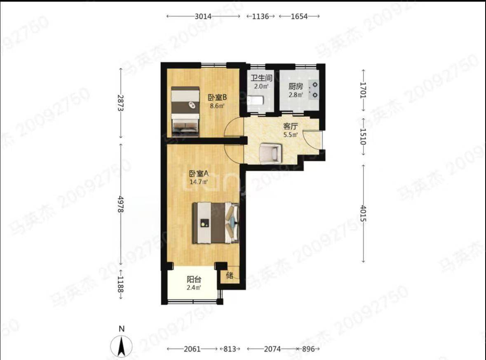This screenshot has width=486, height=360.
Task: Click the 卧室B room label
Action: [x=217, y=97]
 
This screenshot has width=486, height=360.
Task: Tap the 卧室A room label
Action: [x=199, y=174]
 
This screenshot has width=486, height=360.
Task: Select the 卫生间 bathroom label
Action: [x=262, y=78]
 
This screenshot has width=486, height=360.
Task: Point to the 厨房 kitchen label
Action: [x=296, y=87]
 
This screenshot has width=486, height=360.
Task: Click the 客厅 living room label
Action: [x=291, y=126]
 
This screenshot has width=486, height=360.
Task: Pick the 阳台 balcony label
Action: [x=194, y=279]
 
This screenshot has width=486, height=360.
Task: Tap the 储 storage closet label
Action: [x=230, y=275]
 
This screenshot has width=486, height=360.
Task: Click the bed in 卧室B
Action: [x=185, y=111]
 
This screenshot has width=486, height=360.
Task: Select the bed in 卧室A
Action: [x=216, y=222]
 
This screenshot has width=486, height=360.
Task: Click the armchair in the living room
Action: [x=270, y=153]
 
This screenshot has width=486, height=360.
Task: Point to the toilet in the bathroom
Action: [x=256, y=101]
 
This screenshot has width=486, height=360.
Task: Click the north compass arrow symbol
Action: [x=122, y=346]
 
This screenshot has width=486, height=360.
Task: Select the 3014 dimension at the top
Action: [x=203, y=16]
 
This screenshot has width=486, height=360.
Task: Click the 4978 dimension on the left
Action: [x=121, y=205]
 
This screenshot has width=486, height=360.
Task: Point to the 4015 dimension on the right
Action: [x=363, y=213]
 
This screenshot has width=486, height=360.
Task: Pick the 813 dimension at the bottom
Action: [x=230, y=349]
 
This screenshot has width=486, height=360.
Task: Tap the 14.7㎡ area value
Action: [x=199, y=182]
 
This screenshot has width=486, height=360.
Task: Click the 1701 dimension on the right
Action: [x=363, y=90]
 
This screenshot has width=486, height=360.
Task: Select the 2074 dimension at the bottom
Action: [x=272, y=349]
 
